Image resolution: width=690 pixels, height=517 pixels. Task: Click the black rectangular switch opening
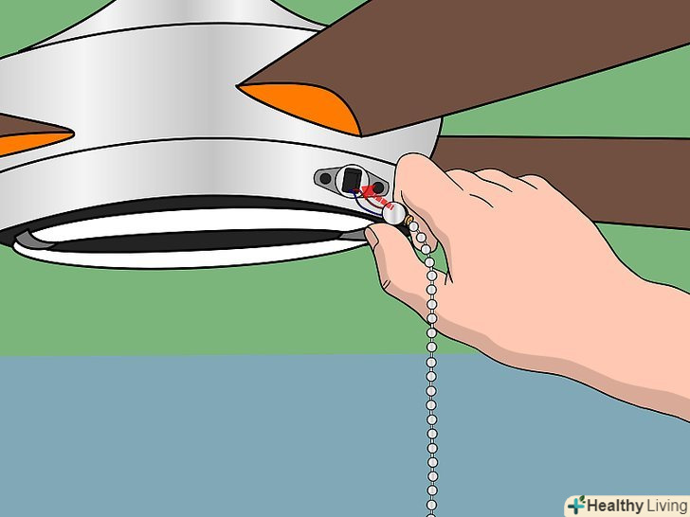pyautogui.click(x=352, y=180)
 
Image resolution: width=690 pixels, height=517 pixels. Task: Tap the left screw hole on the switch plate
pyautogui.click(x=325, y=178)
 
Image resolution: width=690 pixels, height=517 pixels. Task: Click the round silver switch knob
pyautogui.click(x=394, y=214)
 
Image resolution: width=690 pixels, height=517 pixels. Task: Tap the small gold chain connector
pyautogui.click(x=409, y=221)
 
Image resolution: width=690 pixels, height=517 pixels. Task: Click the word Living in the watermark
pyautogui.click(x=665, y=506)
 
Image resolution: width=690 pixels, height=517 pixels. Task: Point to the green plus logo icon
pyautogui.click(x=576, y=505)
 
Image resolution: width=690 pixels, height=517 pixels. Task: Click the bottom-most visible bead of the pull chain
pyautogui.click(x=431, y=505)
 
